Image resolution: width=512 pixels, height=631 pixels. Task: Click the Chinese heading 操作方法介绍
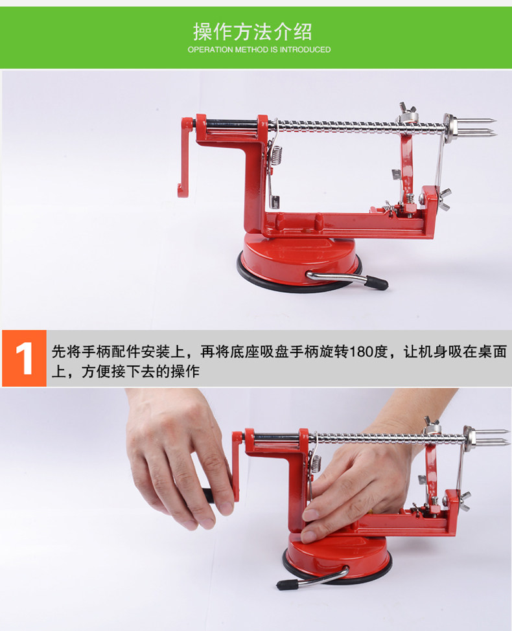tap(252, 32)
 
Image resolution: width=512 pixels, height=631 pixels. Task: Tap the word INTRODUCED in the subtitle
tap(305, 49)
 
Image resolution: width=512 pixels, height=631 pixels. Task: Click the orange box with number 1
tap(24, 358)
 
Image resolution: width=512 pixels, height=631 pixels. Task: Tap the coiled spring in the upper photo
tap(275, 155)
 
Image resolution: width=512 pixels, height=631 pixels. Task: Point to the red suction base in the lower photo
tap(338, 557)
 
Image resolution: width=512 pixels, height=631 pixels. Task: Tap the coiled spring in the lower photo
tap(316, 463)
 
